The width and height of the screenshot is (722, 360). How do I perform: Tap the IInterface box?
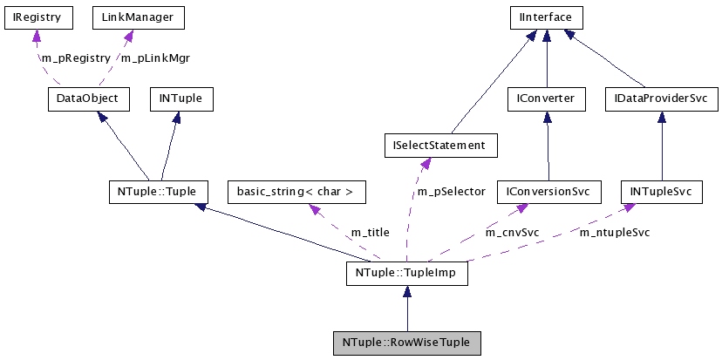click(x=546, y=17)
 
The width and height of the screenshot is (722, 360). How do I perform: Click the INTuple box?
click(x=180, y=99)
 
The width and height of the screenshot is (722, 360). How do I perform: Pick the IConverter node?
click(x=546, y=99)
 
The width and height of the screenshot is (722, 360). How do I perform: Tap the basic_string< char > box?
click(x=296, y=191)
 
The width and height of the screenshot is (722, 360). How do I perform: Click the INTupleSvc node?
click(x=660, y=191)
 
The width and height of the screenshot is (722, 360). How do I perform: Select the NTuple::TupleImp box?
click(x=406, y=274)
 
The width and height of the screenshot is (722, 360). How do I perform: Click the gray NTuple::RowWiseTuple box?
click(x=406, y=343)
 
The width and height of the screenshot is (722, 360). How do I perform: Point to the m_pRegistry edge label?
click(x=76, y=58)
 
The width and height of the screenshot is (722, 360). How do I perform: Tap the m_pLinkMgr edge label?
click(x=155, y=58)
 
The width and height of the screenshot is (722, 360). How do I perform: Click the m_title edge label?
click(x=370, y=233)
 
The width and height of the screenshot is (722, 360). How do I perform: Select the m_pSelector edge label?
click(x=451, y=191)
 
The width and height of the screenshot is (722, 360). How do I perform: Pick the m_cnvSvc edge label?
click(x=512, y=233)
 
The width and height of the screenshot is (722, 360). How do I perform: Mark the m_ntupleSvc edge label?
click(x=615, y=232)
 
